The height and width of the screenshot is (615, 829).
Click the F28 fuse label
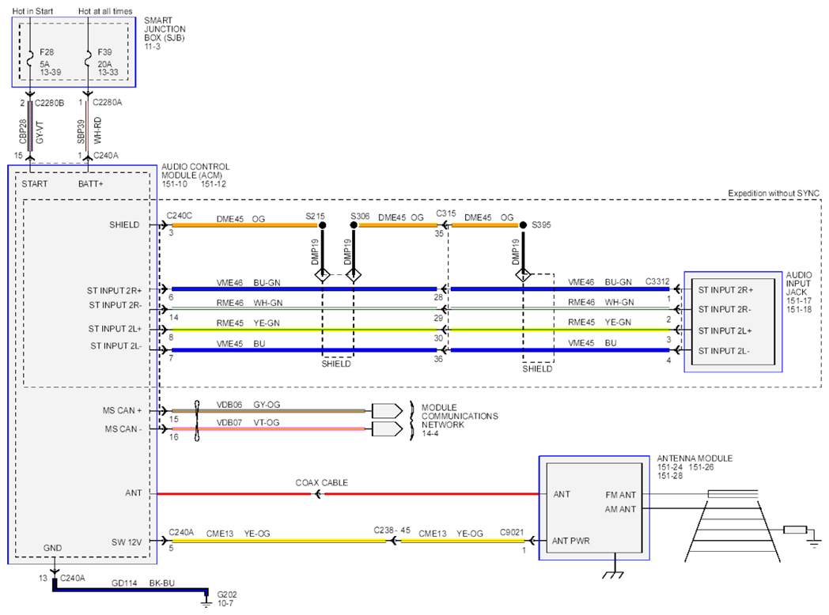47,52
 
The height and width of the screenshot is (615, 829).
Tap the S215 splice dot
323,225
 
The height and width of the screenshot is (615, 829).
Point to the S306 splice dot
354,225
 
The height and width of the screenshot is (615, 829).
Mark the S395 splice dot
523,225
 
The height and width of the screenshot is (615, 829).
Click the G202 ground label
227,594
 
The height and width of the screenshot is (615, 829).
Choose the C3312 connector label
657,281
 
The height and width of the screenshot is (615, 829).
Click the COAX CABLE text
321,483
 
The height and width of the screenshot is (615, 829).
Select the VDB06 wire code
229,405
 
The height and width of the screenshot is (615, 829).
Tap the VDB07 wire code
229,423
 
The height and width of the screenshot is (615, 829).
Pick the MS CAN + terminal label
122,410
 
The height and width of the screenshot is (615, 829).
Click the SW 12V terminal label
127,542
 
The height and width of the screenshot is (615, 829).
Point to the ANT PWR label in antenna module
570,541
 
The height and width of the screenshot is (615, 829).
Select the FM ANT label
621,495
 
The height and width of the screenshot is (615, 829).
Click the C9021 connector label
512,533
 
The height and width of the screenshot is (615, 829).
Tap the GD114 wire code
124,583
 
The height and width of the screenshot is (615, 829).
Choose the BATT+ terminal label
91,184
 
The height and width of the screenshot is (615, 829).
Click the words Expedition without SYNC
774,194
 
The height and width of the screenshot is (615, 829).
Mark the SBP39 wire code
81,131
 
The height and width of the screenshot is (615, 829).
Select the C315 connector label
445,213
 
